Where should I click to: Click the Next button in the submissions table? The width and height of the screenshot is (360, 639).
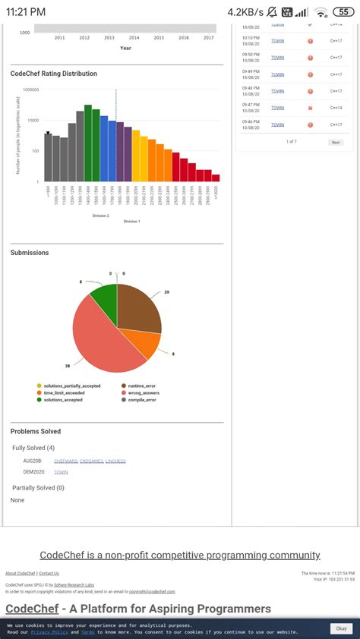335,142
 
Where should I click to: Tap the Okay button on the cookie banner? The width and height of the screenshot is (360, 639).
341,628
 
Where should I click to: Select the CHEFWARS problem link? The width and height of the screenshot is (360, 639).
65,461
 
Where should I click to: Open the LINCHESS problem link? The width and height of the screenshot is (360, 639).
115,461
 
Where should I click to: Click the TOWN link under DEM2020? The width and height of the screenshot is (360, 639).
61,472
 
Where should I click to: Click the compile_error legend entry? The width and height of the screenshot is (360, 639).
141,400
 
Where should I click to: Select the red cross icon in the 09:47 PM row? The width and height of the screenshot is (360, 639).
311,108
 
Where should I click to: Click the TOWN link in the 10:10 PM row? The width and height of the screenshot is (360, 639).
277,40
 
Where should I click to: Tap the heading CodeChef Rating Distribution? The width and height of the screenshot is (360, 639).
54,74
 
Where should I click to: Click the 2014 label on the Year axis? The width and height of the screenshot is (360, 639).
134,37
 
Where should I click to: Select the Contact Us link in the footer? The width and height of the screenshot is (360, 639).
49,573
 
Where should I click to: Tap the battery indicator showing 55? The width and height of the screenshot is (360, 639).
345,12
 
